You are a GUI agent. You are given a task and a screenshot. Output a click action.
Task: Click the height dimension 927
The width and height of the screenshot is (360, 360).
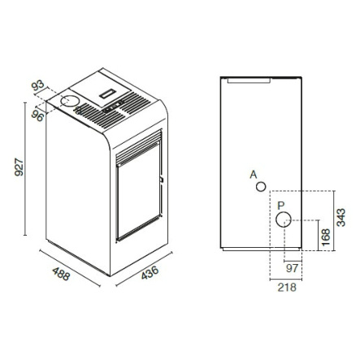(x=20, y=168)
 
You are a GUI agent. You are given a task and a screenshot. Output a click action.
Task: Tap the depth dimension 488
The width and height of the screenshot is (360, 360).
(x=61, y=274)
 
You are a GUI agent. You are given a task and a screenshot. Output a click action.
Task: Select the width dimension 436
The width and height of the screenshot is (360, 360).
(x=150, y=272)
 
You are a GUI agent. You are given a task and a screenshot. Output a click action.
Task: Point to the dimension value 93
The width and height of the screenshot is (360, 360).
(x=37, y=85)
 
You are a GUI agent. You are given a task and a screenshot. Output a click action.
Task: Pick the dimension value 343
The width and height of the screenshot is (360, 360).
(x=340, y=217)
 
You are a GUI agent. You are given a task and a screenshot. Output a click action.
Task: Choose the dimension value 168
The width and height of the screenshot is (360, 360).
(x=326, y=237)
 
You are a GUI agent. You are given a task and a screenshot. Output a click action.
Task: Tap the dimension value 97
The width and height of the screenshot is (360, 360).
(x=293, y=268)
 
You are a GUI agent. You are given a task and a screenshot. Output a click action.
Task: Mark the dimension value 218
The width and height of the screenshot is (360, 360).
(x=287, y=287)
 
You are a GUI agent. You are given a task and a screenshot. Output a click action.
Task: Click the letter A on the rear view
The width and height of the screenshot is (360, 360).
(x=254, y=175)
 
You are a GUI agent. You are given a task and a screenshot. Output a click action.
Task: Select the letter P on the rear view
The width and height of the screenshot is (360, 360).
(x=281, y=206)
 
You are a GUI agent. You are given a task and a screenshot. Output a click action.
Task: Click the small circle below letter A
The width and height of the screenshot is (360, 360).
(x=261, y=187)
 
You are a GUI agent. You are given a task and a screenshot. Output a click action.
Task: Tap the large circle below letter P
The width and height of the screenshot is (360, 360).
(x=284, y=219)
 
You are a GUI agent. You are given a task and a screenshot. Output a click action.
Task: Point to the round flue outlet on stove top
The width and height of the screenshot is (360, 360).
(x=70, y=101)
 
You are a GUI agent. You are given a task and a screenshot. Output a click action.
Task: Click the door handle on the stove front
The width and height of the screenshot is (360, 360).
(x=162, y=180)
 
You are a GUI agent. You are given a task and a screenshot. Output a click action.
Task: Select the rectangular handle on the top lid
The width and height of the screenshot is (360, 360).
(x=108, y=93)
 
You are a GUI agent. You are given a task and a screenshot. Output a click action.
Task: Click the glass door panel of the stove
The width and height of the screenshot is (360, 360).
(x=138, y=191)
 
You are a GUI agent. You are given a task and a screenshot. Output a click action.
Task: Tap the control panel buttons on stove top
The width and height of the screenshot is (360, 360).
(x=114, y=106)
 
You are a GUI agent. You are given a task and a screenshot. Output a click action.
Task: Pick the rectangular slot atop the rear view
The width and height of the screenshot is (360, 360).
(x=249, y=80)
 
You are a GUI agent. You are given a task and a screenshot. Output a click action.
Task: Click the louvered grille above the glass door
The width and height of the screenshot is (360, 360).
(x=139, y=148)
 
